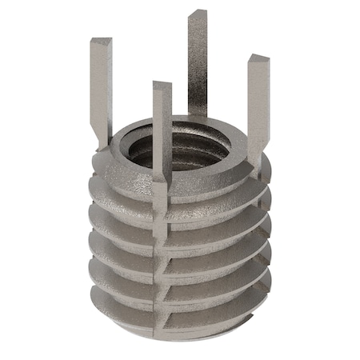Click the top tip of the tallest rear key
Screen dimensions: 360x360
click(198, 14)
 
